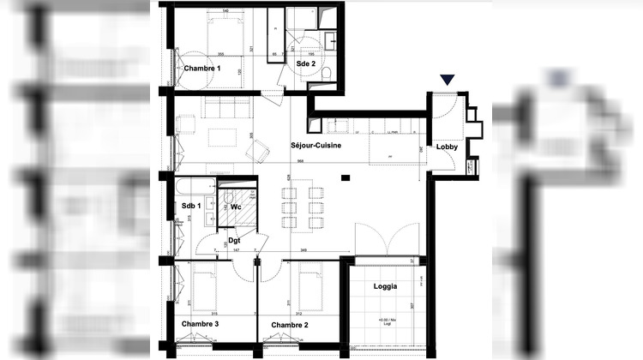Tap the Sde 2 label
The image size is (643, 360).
307,63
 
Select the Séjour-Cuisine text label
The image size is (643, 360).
318,146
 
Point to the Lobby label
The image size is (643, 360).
447,147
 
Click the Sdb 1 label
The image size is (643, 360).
191,206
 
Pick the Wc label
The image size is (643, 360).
235,206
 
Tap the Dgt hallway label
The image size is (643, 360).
233,240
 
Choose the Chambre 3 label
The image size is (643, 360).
200,324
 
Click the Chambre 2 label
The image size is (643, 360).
290,325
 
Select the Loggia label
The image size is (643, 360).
386,286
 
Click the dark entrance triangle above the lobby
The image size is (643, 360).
447,81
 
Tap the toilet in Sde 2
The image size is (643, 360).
328,75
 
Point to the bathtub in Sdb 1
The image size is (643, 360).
195,186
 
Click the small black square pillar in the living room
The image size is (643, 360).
345,177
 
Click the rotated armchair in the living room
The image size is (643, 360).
256,151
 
